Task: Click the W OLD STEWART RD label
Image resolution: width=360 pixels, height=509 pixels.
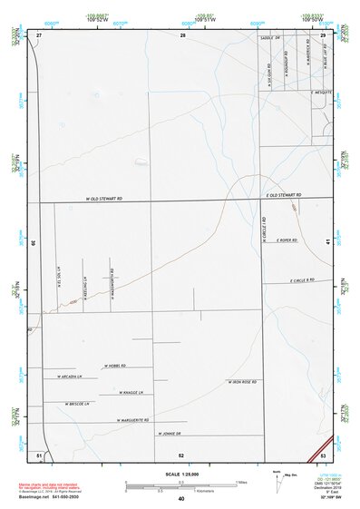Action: click(x=104, y=197)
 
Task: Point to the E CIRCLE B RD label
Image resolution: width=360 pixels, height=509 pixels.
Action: click(x=297, y=280)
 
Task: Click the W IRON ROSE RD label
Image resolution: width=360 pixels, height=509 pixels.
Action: click(x=242, y=382)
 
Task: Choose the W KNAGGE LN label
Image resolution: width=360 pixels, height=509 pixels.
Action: click(x=131, y=393)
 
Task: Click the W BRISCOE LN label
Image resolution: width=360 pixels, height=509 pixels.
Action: click(x=76, y=404)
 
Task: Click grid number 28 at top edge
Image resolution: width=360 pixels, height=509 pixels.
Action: click(x=182, y=34)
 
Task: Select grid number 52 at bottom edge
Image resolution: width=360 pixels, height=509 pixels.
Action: click(x=181, y=455)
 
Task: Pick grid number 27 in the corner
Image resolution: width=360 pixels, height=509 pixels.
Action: click(x=39, y=34)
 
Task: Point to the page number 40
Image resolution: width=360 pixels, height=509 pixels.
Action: click(x=181, y=499)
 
